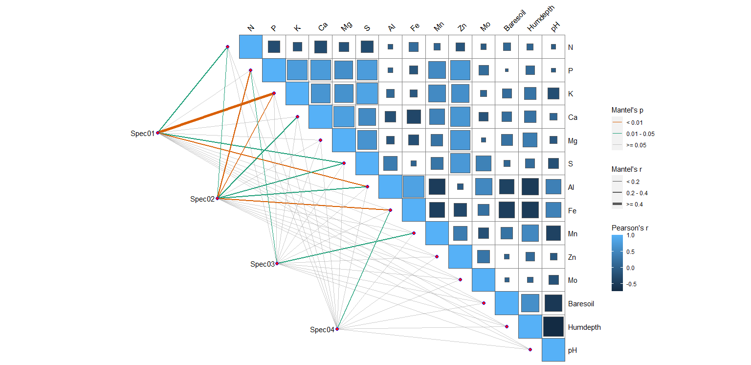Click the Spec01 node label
pyautogui.click(x=142, y=134)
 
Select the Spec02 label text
pyautogui.click(x=202, y=199)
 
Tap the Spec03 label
pyautogui.click(x=263, y=264)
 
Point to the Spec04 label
pyautogui.click(x=322, y=330)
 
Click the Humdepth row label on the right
pyautogui.click(x=584, y=327)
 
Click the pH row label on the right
pyautogui.click(x=573, y=351)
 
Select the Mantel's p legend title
pyautogui.click(x=627, y=110)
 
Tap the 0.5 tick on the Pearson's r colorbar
pyautogui.click(x=630, y=252)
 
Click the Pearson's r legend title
pyautogui.click(x=630, y=228)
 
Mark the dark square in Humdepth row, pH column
pyautogui.click(x=553, y=327)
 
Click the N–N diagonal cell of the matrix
pyautogui.click(x=251, y=46)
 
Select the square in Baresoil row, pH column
pyautogui.click(x=553, y=303)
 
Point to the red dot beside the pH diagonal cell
pyautogui.click(x=530, y=349)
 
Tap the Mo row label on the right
pyautogui.click(x=573, y=280)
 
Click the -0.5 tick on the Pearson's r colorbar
pyautogui.click(x=631, y=284)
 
